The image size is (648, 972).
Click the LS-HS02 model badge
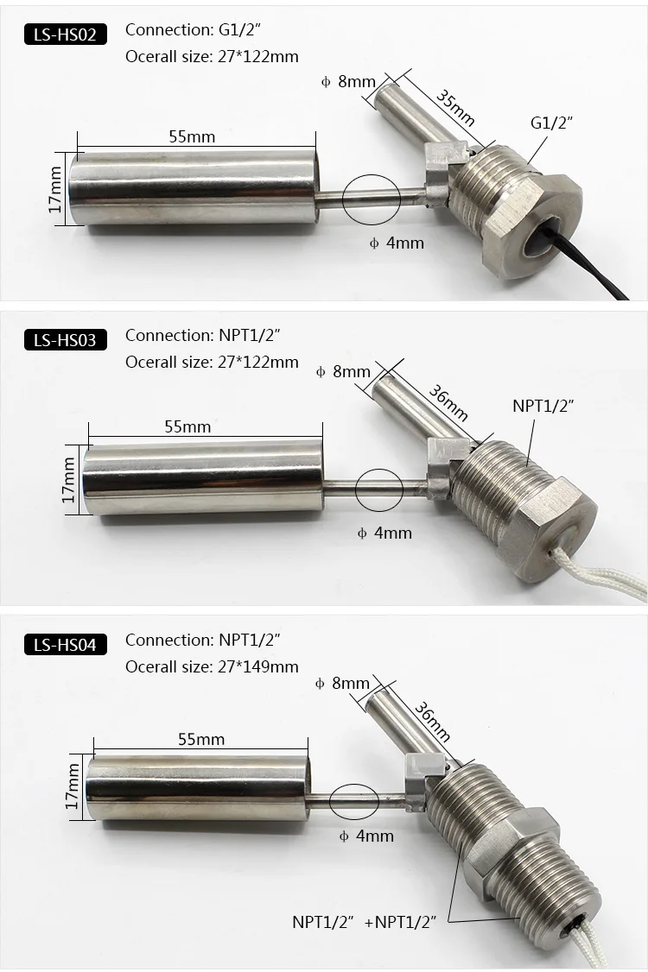pyautogui.click(x=65, y=35)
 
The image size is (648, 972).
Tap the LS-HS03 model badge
pyautogui.click(x=65, y=340)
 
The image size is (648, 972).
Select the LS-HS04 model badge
pyautogui.click(x=65, y=645)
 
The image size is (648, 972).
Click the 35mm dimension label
pyautogui.click(x=455, y=107)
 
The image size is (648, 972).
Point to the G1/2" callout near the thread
pyautogui.click(x=551, y=123)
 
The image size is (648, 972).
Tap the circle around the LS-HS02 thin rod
pyautogui.click(x=372, y=199)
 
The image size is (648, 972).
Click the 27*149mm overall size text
pyautogui.click(x=258, y=666)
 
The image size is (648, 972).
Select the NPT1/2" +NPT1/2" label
pyautogui.click(x=365, y=922)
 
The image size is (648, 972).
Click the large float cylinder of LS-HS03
pyautogui.click(x=204, y=477)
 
